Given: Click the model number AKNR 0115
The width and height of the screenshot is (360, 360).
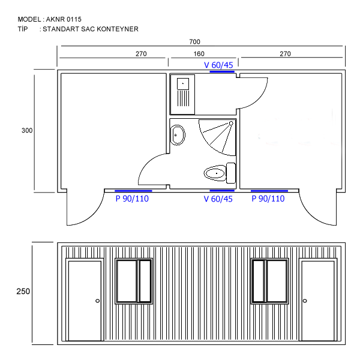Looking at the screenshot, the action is [64, 19].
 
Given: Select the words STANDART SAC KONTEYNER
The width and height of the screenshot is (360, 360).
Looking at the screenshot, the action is [91, 29].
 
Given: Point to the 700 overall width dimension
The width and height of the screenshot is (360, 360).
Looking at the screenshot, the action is [194, 42].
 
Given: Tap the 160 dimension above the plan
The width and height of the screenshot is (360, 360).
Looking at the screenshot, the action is [199, 54].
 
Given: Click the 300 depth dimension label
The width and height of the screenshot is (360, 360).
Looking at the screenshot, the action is [27, 130].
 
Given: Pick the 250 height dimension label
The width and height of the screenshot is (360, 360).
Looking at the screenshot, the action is [23, 292].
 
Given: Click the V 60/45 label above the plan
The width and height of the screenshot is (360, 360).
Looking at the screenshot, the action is [218, 65].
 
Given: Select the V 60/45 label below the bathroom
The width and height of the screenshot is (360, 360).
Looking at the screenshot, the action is [218, 199].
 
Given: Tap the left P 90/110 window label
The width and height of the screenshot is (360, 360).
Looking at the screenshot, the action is [132, 199].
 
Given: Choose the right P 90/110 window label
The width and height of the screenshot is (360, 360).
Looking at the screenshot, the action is [268, 199].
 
